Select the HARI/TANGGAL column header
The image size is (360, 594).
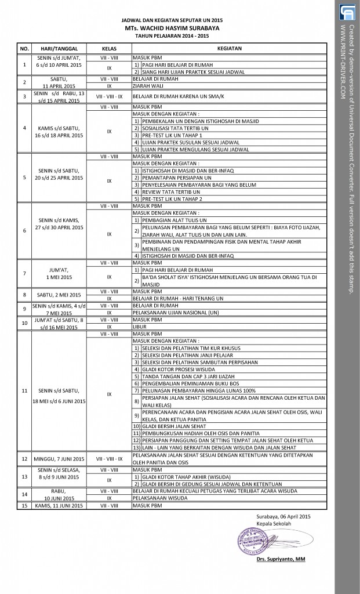pyautogui.click(x=59, y=48)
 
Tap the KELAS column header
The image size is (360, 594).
pyautogui.click(x=110, y=48)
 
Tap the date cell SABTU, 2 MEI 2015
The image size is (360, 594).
pyautogui.click(x=59, y=295)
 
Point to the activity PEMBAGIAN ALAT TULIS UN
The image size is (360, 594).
pyautogui.click(x=168, y=220)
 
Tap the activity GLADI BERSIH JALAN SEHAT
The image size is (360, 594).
pyautogui.click(x=169, y=426)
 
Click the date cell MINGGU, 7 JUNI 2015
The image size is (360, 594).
pyautogui.click(x=59, y=458)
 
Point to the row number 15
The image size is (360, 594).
pyautogui.click(x=24, y=506)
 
